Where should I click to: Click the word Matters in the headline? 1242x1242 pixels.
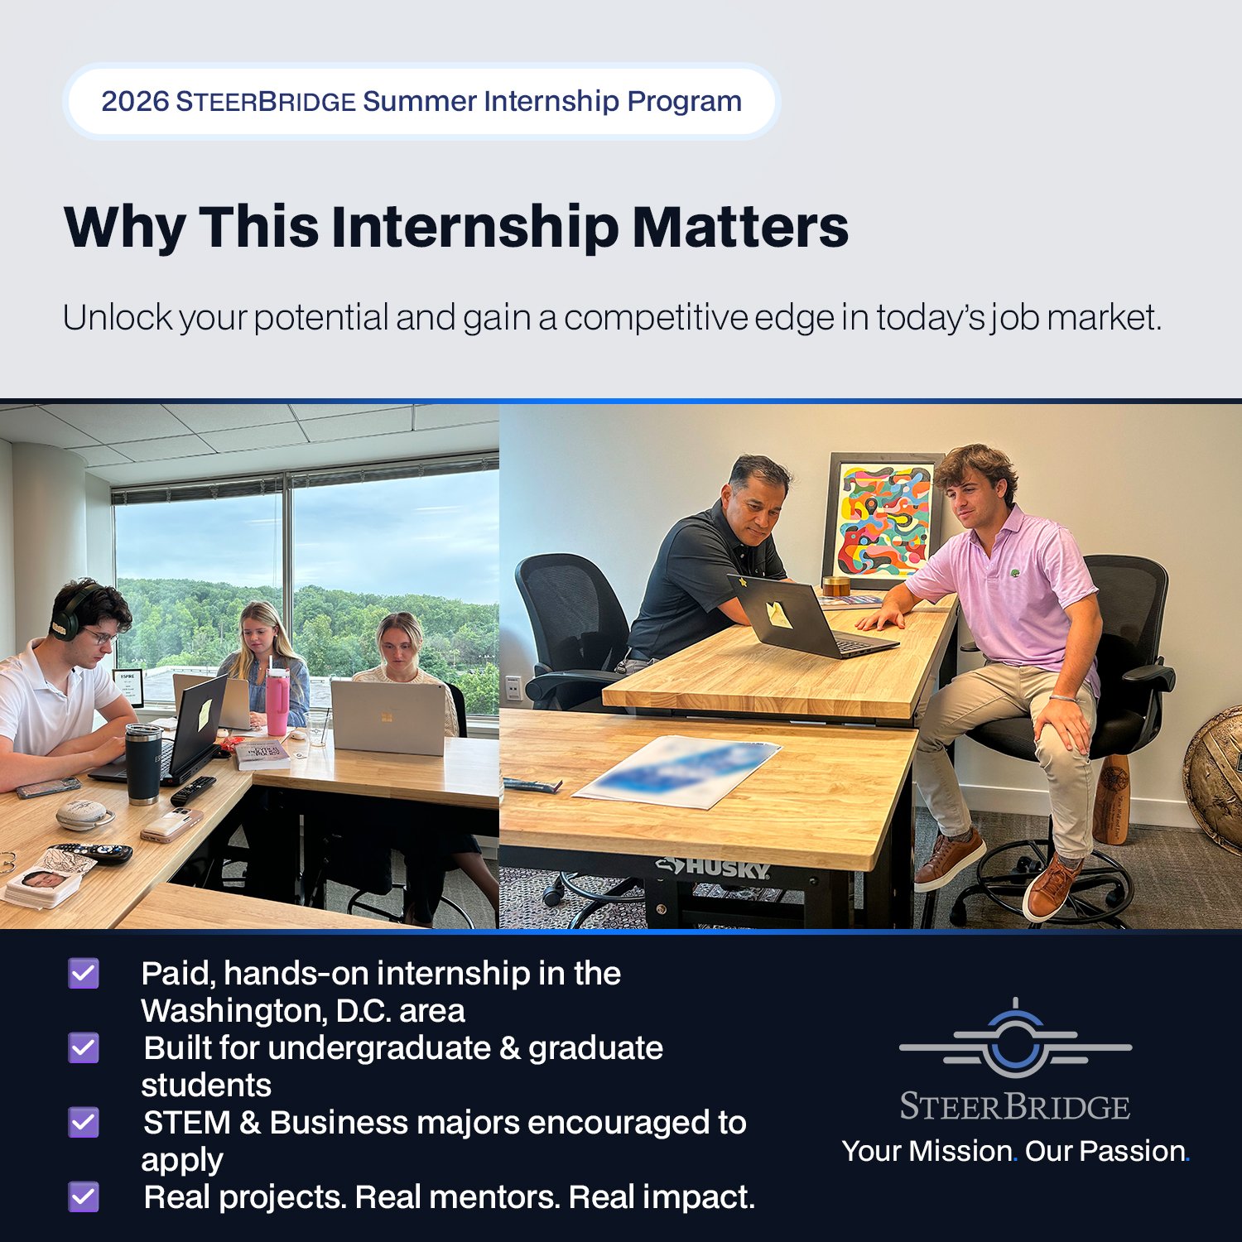[x=740, y=227]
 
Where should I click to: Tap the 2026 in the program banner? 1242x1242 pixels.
[x=135, y=101]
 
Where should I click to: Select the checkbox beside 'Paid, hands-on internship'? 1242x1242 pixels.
[x=84, y=974]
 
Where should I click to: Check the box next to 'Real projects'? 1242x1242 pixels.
[x=84, y=1197]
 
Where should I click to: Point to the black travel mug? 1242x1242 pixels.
[x=143, y=763]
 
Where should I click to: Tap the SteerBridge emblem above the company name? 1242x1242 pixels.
[x=1015, y=1041]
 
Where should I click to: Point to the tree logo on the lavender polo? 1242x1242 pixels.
[x=1015, y=572]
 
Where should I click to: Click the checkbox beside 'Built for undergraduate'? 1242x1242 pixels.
[x=84, y=1048]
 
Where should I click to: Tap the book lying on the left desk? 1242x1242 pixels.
[x=262, y=753]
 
